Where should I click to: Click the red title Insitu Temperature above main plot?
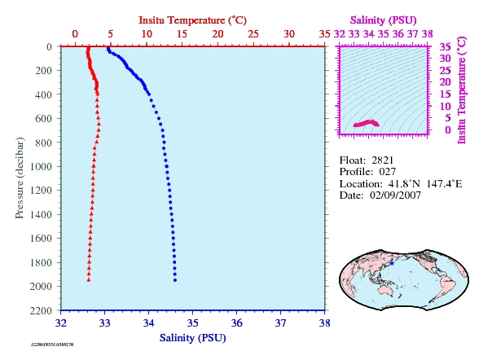tap(192, 20)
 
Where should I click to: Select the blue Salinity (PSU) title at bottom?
tap(192, 338)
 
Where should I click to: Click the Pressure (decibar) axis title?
tap(20, 178)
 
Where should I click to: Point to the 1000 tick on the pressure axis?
tap(41, 167)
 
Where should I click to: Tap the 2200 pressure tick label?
tap(41, 310)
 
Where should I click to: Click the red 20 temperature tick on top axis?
tap(217, 34)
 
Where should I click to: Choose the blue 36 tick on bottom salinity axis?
tap(236, 323)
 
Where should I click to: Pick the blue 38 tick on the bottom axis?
tap(324, 323)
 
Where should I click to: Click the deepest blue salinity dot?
tap(175, 280)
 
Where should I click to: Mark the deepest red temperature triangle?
tap(89, 279)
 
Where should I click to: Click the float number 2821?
tap(382, 160)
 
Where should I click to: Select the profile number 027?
tap(387, 172)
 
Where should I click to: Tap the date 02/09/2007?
tap(395, 195)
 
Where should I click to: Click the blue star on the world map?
tap(392, 264)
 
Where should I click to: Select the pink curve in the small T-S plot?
tap(367, 123)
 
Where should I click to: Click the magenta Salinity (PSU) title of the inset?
tap(383, 20)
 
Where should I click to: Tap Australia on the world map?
tap(385, 289)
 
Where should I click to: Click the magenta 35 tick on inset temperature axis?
tap(445, 46)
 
